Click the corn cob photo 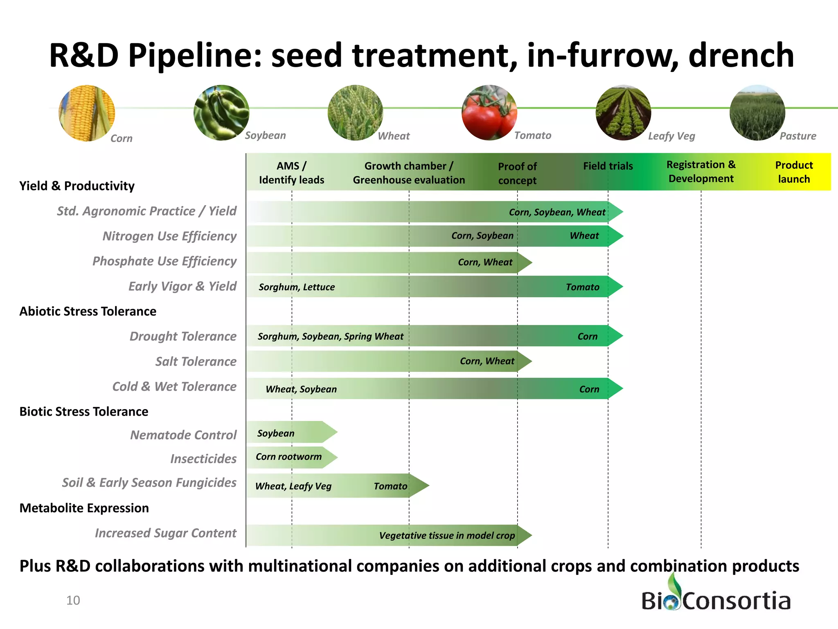click(87, 113)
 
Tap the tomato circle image click(489, 113)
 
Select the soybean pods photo click(221, 113)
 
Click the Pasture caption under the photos click(797, 136)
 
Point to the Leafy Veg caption click(671, 136)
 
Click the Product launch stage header click(793, 172)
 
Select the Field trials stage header click(608, 166)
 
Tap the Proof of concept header click(517, 173)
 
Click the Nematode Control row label click(183, 435)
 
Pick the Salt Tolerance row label click(196, 362)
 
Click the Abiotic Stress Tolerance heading click(88, 311)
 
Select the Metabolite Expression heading click(84, 508)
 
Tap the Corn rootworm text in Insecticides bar click(288, 457)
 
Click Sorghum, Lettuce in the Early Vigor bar click(297, 287)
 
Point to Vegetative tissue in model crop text click(447, 536)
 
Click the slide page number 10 click(73, 600)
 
